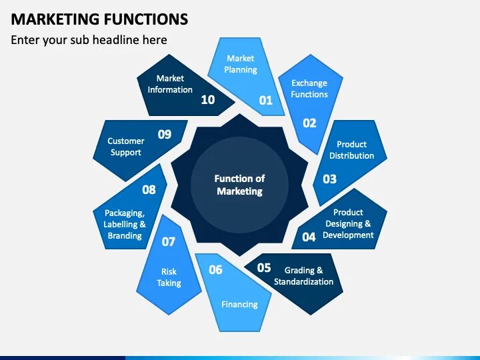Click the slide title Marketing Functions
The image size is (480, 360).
(x=99, y=19)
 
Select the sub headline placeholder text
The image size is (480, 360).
(x=89, y=40)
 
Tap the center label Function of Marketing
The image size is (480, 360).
(x=239, y=185)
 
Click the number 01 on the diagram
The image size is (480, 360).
(x=266, y=101)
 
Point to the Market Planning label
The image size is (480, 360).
(x=240, y=64)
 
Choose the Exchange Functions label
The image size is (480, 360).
(x=309, y=89)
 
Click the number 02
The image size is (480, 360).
(x=309, y=123)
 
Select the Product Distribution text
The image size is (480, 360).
(x=351, y=150)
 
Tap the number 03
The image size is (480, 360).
(x=329, y=179)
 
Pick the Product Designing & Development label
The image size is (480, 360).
(x=348, y=224)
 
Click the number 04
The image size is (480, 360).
(x=309, y=237)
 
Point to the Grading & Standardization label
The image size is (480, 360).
(x=303, y=276)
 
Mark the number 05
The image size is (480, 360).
(x=264, y=268)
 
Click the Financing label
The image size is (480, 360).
(x=239, y=305)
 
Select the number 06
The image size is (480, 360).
(x=215, y=270)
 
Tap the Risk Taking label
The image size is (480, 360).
(x=169, y=277)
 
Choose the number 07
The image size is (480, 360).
(x=169, y=241)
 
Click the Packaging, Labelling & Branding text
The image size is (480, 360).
(x=125, y=224)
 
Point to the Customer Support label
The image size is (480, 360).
(x=126, y=147)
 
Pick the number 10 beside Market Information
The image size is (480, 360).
(x=208, y=100)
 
